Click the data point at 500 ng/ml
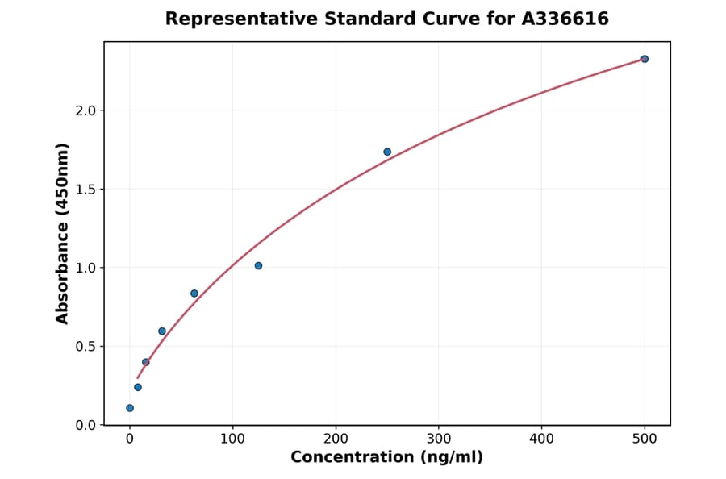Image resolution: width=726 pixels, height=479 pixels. (645, 59)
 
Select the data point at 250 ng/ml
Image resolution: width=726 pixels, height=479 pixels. (387, 152)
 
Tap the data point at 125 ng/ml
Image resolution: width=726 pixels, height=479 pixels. (258, 265)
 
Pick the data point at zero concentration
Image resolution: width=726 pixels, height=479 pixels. (130, 408)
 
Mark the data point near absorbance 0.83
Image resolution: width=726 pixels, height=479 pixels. (194, 294)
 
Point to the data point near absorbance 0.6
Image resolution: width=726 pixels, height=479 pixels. (162, 331)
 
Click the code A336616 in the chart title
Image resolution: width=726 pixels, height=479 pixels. (565, 19)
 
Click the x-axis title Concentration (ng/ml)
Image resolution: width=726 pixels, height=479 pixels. (386, 457)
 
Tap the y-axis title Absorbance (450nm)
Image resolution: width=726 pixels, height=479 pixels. (63, 233)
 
